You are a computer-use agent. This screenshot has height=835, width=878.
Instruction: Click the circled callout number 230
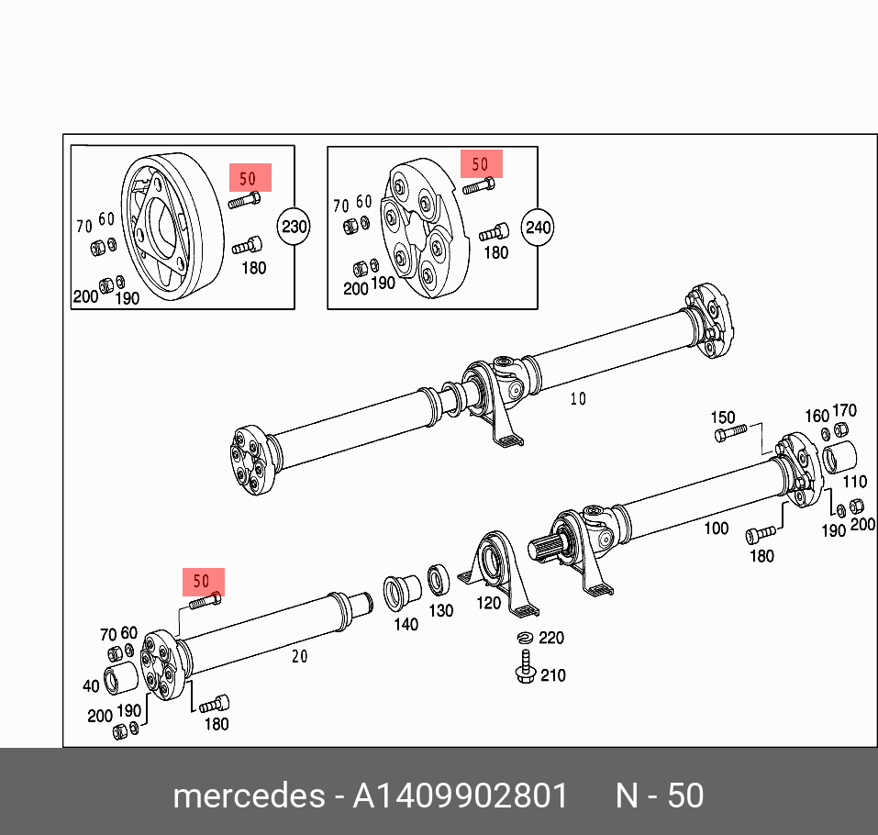click(x=295, y=226)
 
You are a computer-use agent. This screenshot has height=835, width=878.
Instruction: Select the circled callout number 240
click(x=538, y=226)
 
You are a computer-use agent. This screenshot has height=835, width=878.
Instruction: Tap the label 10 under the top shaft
click(x=577, y=398)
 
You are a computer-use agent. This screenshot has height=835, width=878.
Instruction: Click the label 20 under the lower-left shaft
click(x=300, y=656)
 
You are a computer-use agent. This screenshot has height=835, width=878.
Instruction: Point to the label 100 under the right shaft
click(x=716, y=528)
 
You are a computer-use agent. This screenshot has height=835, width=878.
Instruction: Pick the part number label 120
click(x=489, y=603)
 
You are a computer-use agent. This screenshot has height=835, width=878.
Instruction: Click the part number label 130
click(x=441, y=610)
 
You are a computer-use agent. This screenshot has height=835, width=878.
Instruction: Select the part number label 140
click(x=406, y=624)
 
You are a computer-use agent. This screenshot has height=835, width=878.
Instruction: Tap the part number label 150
click(x=723, y=417)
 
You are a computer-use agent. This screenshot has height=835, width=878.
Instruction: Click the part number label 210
click(x=552, y=676)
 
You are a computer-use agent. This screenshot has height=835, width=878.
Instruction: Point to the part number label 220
click(x=551, y=638)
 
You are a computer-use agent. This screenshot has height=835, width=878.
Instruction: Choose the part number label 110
click(x=854, y=481)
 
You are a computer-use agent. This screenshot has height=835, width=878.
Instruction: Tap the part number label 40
click(x=90, y=685)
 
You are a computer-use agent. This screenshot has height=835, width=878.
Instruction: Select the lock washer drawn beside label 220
click(x=525, y=639)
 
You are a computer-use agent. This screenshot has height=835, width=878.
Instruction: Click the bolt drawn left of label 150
click(x=730, y=433)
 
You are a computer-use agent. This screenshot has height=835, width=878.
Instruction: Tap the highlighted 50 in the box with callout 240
click(x=481, y=164)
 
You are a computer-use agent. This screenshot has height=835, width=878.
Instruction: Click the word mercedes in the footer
click(x=247, y=795)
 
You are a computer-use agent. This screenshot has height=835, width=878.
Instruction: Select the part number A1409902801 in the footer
click(x=461, y=795)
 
